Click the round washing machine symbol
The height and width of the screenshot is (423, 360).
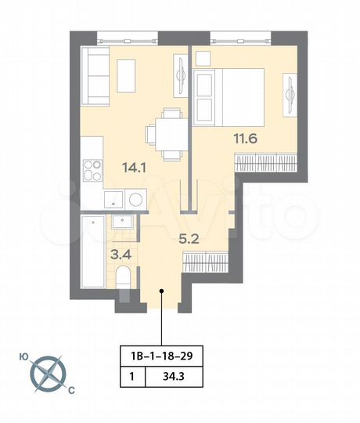click(x=135, y=199)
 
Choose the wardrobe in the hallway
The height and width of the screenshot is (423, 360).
click(x=205, y=261)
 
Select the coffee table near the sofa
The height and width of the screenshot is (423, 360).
click(x=128, y=71)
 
